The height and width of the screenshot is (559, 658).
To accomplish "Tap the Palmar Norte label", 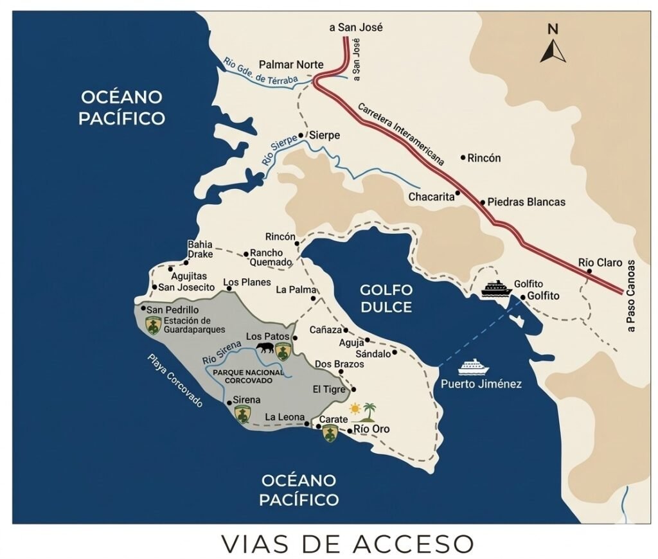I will [290, 65].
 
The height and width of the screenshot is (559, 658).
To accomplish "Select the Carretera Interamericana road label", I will [401, 134].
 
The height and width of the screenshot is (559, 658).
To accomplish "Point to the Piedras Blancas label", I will [526, 202].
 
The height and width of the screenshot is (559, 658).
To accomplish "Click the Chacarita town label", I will [431, 197].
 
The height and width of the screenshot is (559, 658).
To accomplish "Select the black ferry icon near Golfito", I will [496, 289].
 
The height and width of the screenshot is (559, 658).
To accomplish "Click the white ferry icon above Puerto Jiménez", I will [474, 366].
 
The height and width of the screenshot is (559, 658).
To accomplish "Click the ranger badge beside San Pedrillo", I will [153, 325].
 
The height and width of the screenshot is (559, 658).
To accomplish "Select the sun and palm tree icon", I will [362, 411].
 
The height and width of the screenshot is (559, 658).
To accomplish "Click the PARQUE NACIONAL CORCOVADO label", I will [248, 376].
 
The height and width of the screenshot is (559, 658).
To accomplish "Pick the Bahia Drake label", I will [199, 249].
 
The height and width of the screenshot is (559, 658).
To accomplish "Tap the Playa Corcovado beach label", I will [174, 380].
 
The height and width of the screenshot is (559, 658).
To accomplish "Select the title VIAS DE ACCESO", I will [347, 543].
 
